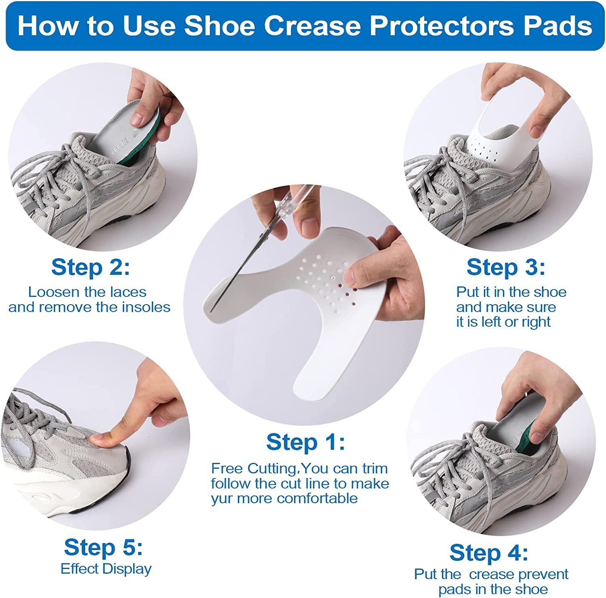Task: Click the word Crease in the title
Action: click(x=312, y=26)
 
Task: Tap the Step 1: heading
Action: click(x=305, y=442)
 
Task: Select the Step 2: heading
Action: click(x=90, y=268)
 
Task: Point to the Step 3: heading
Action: click(x=506, y=268)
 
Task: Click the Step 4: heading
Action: click(x=488, y=553)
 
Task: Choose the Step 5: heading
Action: click(x=103, y=548)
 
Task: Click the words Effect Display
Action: click(x=106, y=569)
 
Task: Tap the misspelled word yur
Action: click(x=222, y=499)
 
